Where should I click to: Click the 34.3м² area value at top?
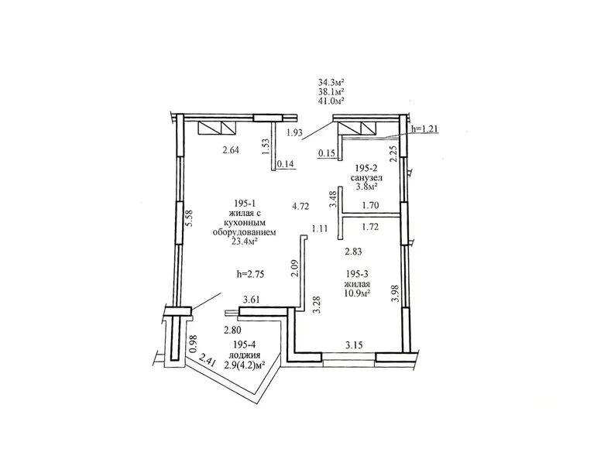pyautogui.click(x=331, y=81)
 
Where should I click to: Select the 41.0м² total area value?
pyautogui.click(x=331, y=100)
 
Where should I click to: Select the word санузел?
pyautogui.click(x=365, y=177)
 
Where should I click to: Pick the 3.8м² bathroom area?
pyautogui.click(x=365, y=187)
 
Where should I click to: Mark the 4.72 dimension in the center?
pyautogui.click(x=300, y=207)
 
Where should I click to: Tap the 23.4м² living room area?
pyautogui.click(x=244, y=241)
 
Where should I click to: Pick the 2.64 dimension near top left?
pyautogui.click(x=231, y=150)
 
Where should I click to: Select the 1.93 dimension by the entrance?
pyautogui.click(x=293, y=133)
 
